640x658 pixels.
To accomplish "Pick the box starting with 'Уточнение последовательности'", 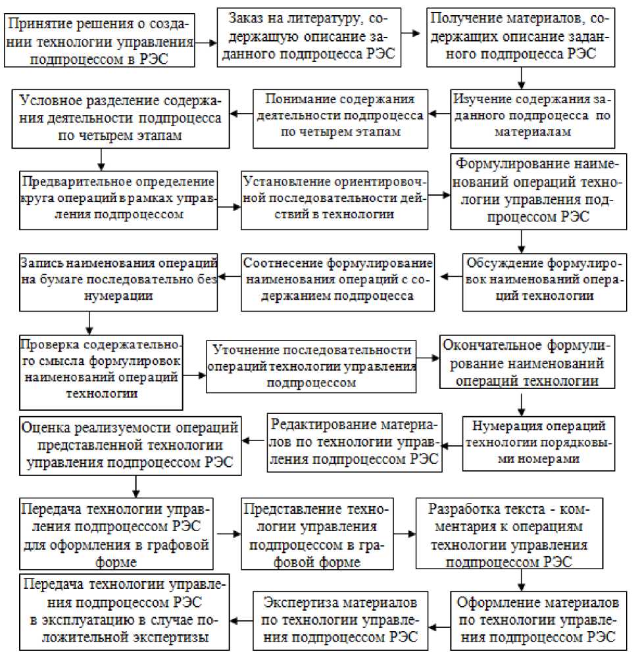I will (312, 365).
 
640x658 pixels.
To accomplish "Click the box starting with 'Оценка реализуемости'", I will (129, 443).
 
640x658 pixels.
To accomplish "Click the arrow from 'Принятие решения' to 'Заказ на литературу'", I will (207, 41).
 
